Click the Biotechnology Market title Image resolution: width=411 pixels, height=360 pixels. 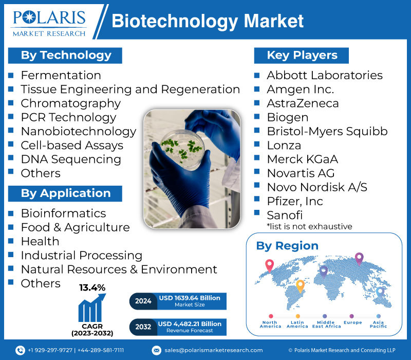pyautogui.click(x=208, y=21)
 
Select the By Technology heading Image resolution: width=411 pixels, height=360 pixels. pyautogui.click(x=66, y=55)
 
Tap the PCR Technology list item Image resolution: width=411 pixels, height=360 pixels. pyautogui.click(x=68, y=117)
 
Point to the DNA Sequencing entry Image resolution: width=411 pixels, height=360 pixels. pyautogui.click(x=71, y=159)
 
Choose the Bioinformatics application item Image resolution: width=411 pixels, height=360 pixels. pyautogui.click(x=63, y=213)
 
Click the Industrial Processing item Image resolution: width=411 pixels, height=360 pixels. pyautogui.click(x=81, y=255)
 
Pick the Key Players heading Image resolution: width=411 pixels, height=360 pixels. pyautogui.click(x=302, y=55)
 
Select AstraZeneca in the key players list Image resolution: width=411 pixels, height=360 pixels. pyautogui.click(x=303, y=103)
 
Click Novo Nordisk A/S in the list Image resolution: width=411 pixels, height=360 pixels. pyautogui.click(x=317, y=187)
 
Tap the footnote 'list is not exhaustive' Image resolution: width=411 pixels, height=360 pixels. pyautogui.click(x=309, y=226)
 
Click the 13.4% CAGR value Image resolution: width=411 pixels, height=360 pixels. pyautogui.click(x=92, y=287)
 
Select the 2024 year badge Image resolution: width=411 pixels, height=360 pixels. pyautogui.click(x=143, y=301)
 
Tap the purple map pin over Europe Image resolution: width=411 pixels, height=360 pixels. pyautogui.click(x=359, y=258)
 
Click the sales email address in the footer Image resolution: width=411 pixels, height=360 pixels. pyautogui.click(x=213, y=350)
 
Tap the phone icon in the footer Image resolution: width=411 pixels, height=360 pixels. pyautogui.click(x=20, y=350)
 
